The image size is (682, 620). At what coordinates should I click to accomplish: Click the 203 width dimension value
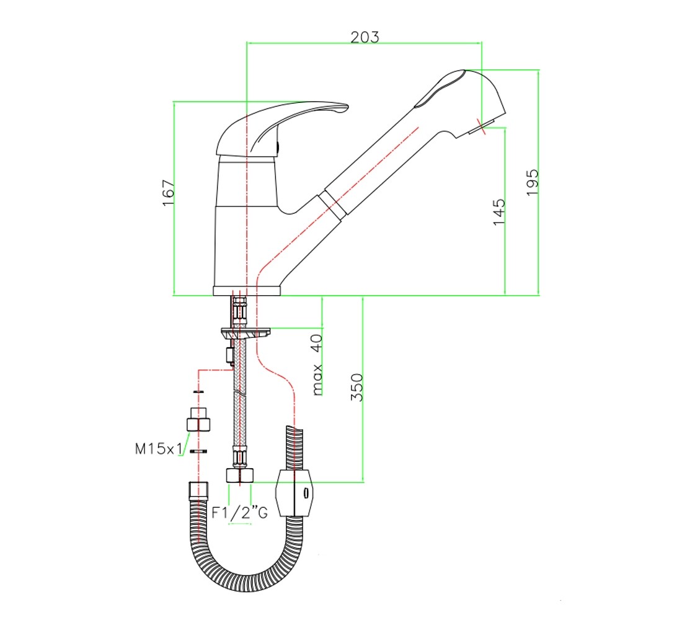365,37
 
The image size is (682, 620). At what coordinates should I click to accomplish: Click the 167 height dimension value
168,192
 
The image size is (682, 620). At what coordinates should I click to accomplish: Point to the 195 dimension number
533,182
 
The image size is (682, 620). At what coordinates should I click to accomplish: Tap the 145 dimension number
499,212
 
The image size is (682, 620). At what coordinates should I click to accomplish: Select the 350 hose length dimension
356,387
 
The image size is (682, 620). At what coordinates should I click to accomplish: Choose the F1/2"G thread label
240,513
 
